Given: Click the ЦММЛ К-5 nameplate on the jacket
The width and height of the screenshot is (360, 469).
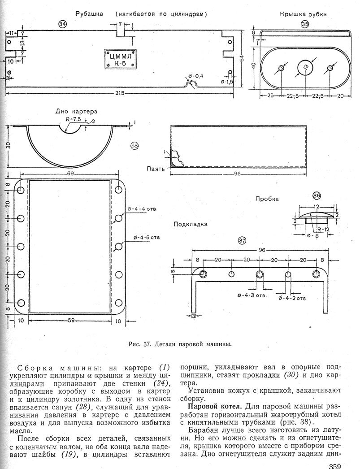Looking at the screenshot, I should coord(120,59).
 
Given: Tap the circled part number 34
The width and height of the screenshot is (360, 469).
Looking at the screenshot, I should coord(62,25).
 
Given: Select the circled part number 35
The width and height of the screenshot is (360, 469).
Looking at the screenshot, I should coord(305,24).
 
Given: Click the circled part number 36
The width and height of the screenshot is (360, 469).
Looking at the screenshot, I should coord(317,195).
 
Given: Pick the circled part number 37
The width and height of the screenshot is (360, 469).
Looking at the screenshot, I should coord(242,240).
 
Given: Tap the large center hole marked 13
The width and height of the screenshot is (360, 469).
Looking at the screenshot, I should coord(305,67).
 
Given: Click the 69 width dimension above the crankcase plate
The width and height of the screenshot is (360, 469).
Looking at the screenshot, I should coord(70,172).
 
